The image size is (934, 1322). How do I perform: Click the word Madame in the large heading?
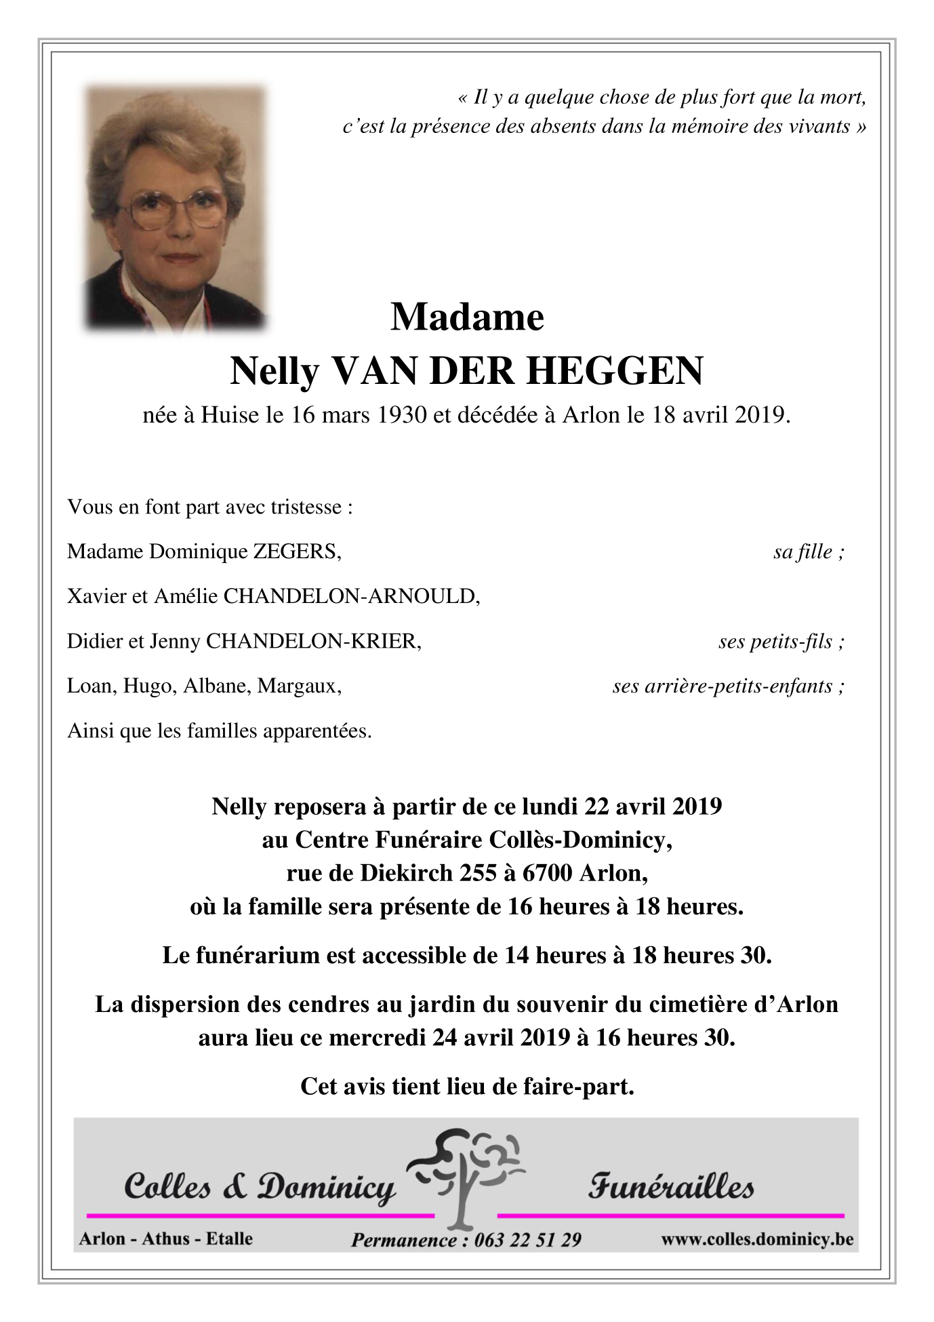[x=467, y=317]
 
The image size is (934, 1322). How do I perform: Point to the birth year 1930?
[x=402, y=415]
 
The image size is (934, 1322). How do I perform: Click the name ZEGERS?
[x=297, y=551]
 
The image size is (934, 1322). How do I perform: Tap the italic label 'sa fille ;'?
[x=809, y=552]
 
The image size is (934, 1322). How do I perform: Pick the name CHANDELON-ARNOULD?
[x=352, y=596]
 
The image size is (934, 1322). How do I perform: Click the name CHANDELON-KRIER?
[x=313, y=641]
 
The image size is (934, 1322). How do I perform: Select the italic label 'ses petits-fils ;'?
[x=781, y=642]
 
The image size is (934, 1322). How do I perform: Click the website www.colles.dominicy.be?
[x=757, y=1239]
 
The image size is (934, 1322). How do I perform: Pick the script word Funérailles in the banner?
[x=670, y=1187]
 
